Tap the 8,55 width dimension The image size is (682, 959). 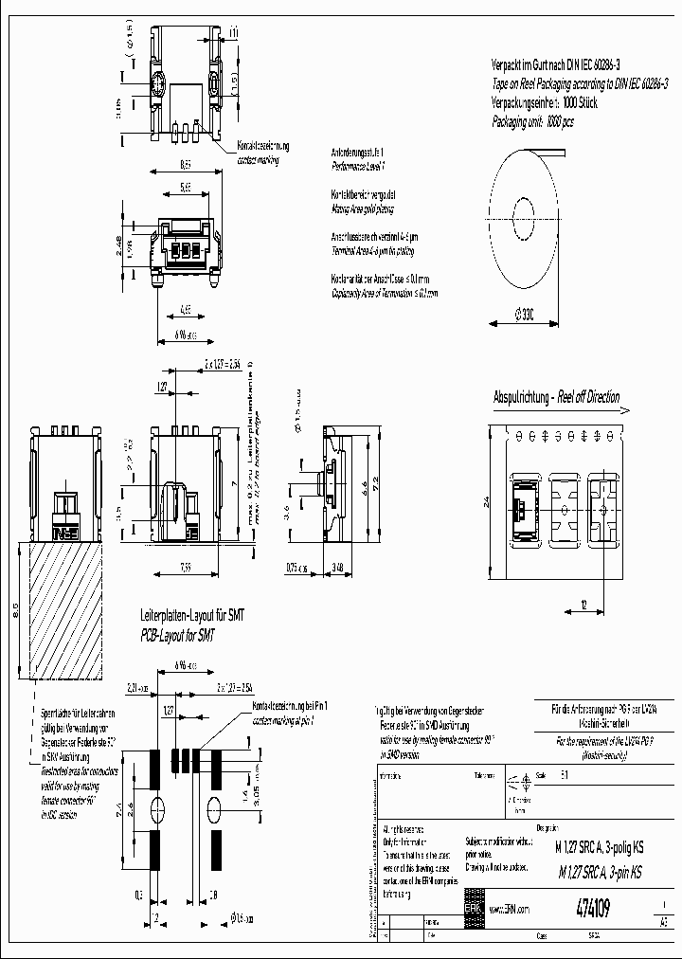click(x=188, y=165)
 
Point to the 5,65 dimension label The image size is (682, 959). click(x=186, y=188)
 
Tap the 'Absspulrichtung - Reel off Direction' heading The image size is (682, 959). click(x=557, y=397)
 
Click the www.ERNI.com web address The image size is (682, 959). click(x=509, y=908)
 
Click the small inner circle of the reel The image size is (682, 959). click(x=522, y=212)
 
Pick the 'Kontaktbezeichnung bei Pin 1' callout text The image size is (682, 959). click(x=290, y=707)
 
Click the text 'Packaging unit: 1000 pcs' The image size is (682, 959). click(x=532, y=122)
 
